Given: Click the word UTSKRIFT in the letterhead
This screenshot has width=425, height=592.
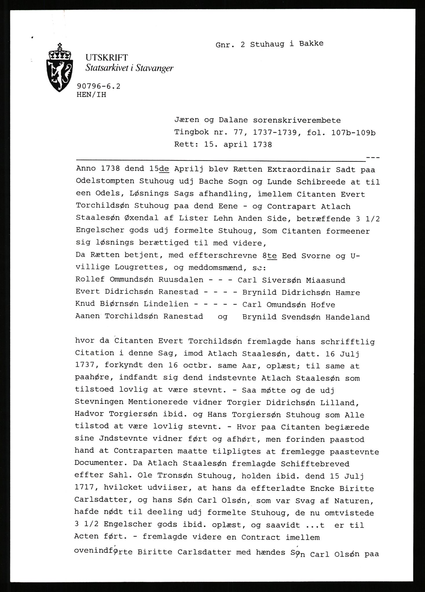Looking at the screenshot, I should pos(107,58).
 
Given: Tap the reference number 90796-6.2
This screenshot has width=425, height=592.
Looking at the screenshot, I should pos(98,86).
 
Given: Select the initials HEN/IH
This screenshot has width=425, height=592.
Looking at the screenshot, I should pos(92,95).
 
